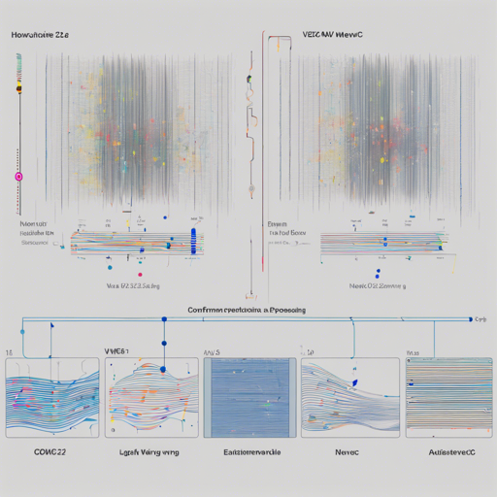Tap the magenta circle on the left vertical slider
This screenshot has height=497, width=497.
17,176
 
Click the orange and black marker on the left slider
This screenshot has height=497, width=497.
17,89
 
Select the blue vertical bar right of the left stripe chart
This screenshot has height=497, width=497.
196,242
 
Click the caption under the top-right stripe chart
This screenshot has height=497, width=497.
377,287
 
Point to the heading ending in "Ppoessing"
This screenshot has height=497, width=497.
247,310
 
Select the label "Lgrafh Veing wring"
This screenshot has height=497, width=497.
149,452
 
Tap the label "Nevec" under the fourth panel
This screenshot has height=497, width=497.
347,452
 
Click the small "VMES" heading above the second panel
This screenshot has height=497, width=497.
116,348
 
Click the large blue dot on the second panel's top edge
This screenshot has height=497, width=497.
163,367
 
